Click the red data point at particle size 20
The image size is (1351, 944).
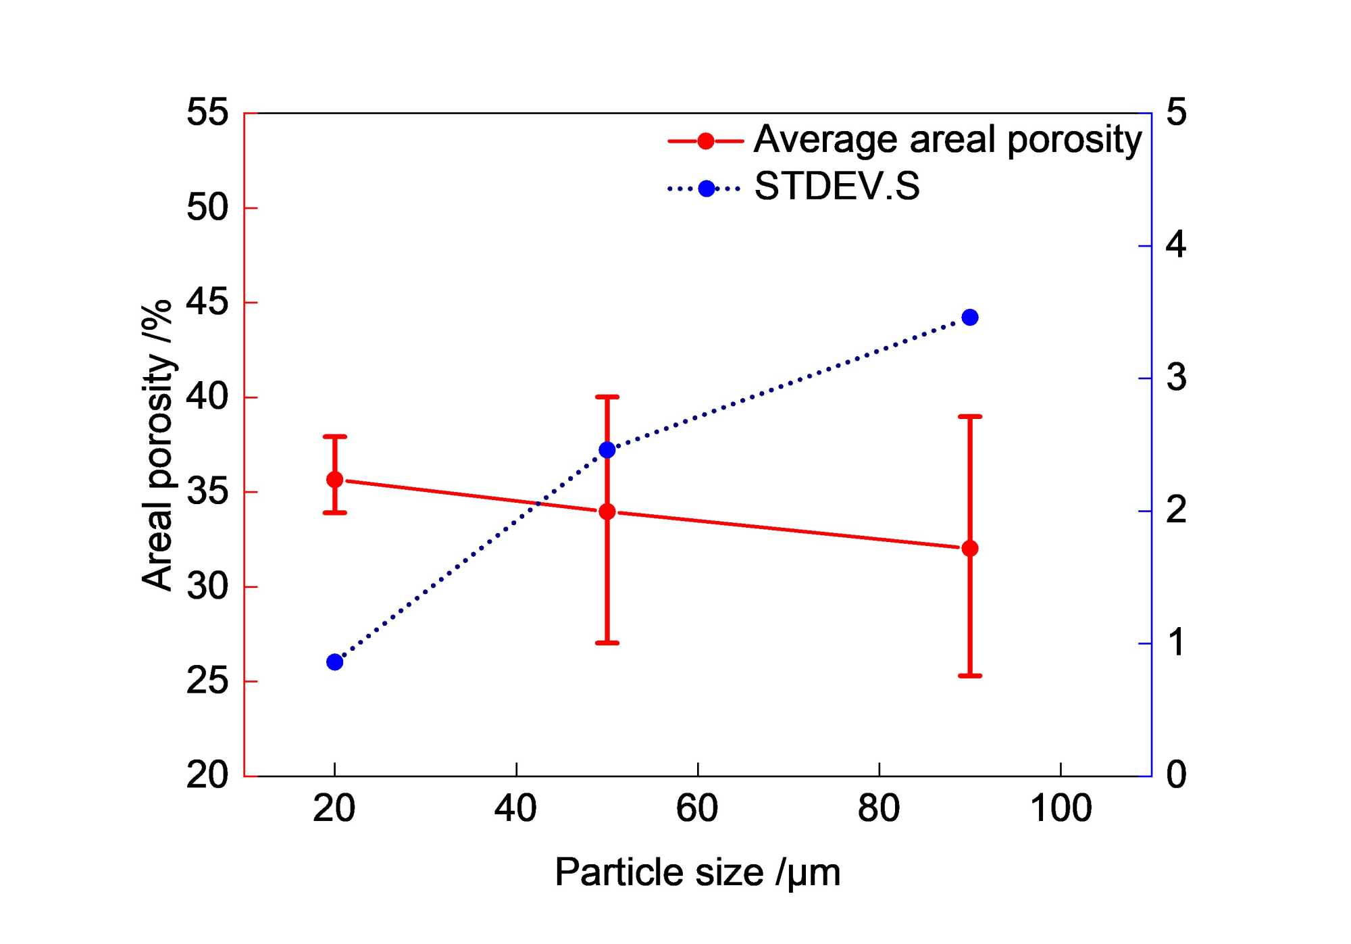point(334,480)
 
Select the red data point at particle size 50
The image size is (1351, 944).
point(607,512)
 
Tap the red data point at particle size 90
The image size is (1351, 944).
point(970,548)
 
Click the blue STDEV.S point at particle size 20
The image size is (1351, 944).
point(334,662)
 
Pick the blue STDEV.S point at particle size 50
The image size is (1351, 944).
point(607,450)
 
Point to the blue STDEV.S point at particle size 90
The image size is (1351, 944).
point(970,318)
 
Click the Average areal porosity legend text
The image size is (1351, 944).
point(947,140)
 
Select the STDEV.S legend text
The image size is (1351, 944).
point(836,187)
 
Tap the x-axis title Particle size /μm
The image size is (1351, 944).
point(697,872)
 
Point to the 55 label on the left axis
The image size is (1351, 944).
point(207,113)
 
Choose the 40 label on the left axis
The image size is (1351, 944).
point(207,397)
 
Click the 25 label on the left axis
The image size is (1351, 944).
point(207,681)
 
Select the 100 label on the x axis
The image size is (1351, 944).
point(1061,808)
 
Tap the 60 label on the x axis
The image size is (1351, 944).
point(697,808)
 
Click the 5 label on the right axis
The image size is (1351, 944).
point(1176,113)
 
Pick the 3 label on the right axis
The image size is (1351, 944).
point(1176,378)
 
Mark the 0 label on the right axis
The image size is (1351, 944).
point(1176,775)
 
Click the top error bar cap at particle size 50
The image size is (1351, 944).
point(607,397)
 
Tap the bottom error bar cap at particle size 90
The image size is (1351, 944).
point(970,675)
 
